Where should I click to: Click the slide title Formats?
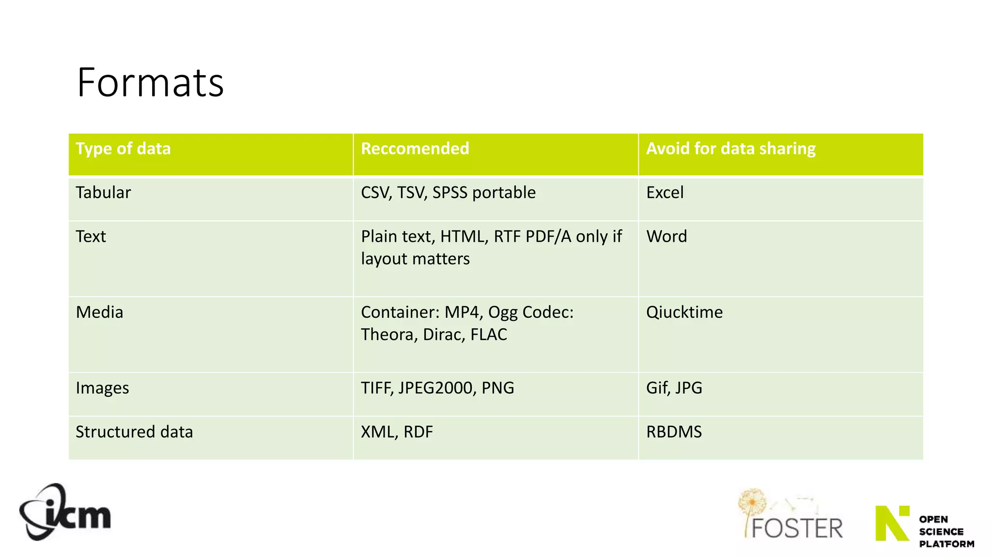point(150,83)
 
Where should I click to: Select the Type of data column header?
point(123,149)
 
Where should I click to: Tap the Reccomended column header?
point(415,149)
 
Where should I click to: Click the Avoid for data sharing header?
point(730,149)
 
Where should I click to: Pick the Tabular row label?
point(103,193)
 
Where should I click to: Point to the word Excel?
point(665,193)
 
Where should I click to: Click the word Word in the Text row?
point(666,236)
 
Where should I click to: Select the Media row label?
point(99,312)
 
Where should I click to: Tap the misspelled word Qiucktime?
point(684,312)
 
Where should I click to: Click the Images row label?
point(102,388)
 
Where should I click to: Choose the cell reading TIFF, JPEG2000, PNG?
point(437,388)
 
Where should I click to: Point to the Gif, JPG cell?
point(674,388)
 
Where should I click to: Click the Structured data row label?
point(134,432)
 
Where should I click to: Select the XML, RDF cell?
point(397,432)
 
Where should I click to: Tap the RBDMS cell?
point(674,432)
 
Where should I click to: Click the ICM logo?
point(65,512)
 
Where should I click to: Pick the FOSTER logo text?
point(797,527)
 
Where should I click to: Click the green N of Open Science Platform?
point(892,523)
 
